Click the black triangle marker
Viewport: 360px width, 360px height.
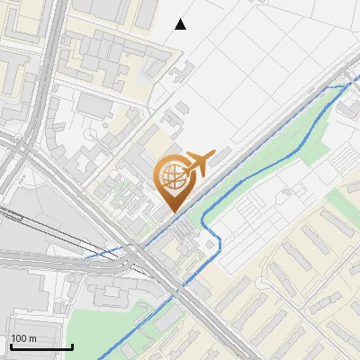(180, 24)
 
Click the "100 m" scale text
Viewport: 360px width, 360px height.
(23, 338)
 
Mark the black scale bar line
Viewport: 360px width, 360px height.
(40, 346)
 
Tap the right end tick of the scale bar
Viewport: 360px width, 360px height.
(72, 344)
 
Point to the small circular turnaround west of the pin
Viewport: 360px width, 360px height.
(91, 131)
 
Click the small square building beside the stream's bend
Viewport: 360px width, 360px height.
(211, 242)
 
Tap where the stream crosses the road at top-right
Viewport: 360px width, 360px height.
(346, 85)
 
